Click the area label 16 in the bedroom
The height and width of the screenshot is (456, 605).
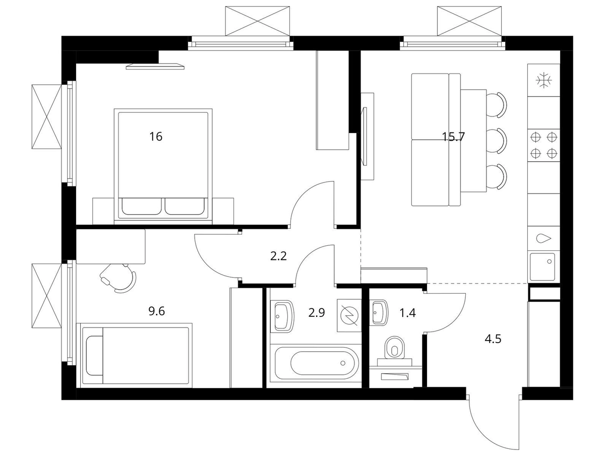tap(156, 137)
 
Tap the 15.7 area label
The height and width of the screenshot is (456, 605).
tap(453, 137)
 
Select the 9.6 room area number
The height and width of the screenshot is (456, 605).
tap(156, 311)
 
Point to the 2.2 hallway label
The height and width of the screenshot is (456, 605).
tap(278, 256)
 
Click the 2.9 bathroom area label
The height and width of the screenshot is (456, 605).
tap(317, 313)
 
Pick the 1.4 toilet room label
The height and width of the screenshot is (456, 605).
tap(407, 313)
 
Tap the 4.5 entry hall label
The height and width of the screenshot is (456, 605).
tap(493, 339)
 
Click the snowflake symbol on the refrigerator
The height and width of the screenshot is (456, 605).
tap(543, 81)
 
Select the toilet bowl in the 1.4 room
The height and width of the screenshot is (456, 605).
tap(395, 348)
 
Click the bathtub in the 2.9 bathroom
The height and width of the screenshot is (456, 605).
tap(316, 362)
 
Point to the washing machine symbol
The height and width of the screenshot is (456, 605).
tap(349, 315)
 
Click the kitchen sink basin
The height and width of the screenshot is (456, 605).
tap(542, 267)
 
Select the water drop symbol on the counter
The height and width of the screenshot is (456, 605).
tap(543, 238)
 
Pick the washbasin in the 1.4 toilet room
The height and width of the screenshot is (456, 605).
tap(380, 312)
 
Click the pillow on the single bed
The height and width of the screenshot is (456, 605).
tap(94, 355)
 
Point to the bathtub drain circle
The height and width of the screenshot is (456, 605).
tap(343, 363)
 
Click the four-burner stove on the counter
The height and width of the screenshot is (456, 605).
tap(543, 145)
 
